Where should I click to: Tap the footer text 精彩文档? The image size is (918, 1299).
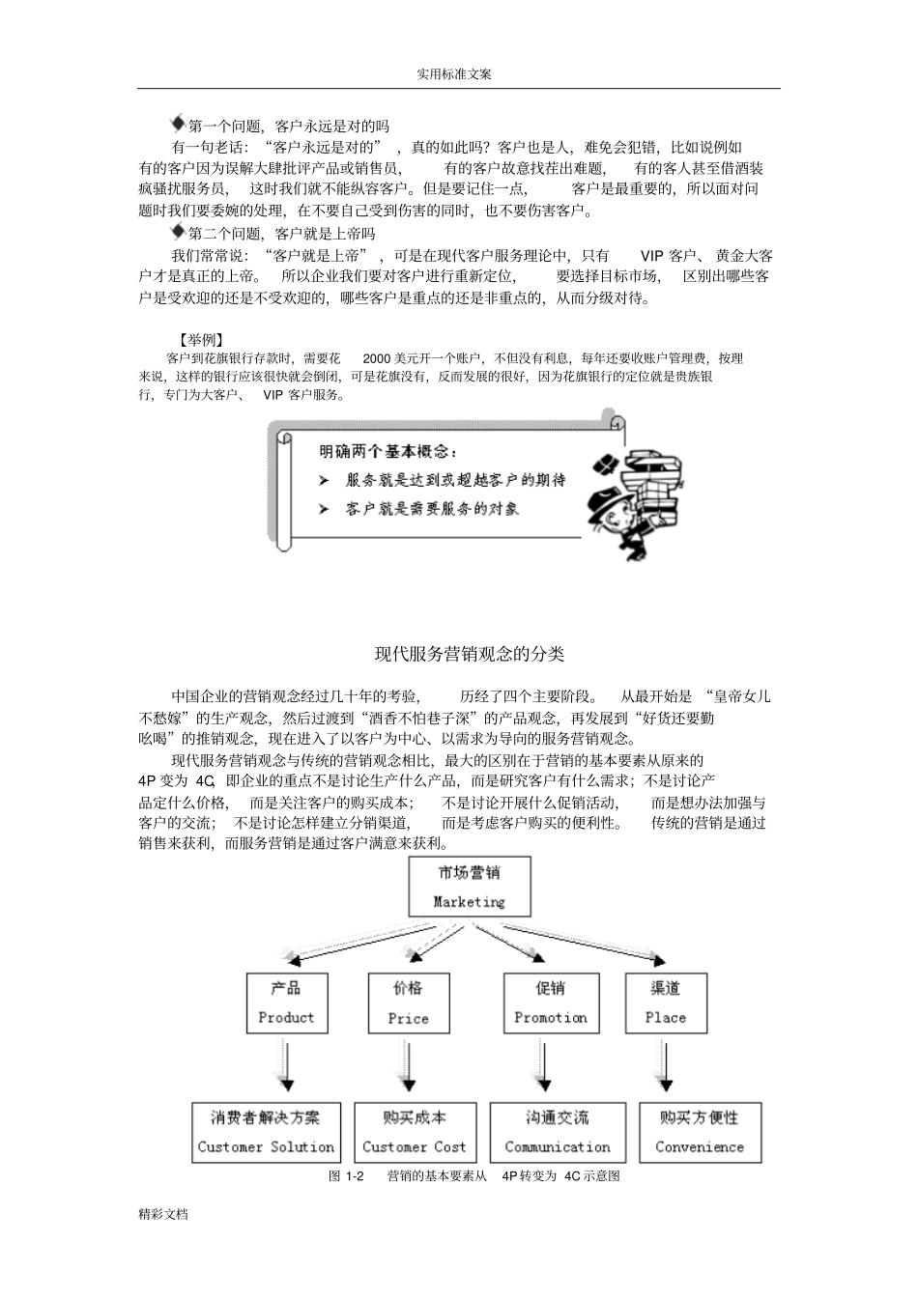162,1214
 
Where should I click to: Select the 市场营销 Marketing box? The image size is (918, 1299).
469,887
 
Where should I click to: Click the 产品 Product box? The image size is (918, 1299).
286,1002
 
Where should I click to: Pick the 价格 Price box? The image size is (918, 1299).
408,1002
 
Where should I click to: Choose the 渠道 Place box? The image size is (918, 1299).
666,1002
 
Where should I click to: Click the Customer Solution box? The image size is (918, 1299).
266,1132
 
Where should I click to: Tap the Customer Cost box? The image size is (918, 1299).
414,1132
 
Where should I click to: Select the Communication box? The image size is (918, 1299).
558,1132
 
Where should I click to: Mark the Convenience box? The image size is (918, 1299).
700,1132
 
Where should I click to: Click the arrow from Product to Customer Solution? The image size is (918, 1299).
286,1067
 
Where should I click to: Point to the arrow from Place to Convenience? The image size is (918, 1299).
665,1067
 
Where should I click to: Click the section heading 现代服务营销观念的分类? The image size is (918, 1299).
469,654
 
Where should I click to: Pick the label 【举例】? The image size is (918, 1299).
201,340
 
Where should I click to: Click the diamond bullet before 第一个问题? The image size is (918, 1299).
178,124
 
